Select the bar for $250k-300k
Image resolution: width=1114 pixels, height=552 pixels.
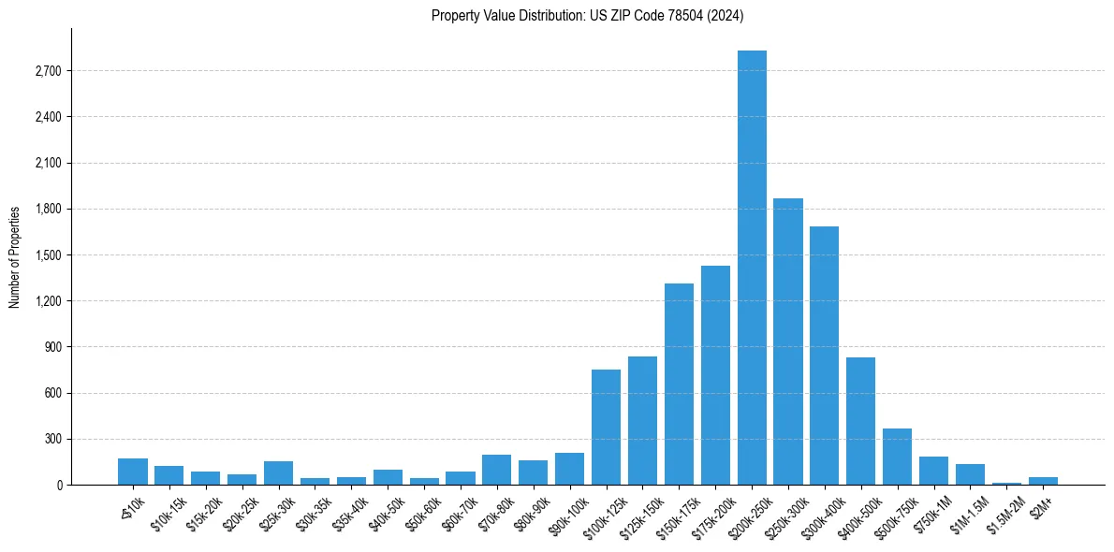click(788, 341)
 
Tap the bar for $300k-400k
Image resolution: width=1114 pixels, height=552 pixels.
click(825, 356)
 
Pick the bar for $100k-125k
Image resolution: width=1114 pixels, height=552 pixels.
click(606, 428)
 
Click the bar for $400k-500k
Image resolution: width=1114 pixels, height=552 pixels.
click(861, 421)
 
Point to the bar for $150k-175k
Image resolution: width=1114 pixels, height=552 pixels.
click(679, 385)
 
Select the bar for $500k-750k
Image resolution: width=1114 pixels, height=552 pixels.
click(898, 457)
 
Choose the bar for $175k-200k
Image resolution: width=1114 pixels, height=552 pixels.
click(715, 375)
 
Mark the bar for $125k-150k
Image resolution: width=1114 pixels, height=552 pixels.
click(642, 421)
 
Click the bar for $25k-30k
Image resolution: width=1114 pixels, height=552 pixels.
click(278, 473)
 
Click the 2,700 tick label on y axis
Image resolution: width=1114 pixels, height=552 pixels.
click(47, 71)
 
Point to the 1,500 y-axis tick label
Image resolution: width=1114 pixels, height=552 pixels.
click(47, 255)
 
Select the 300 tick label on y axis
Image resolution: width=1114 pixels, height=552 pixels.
click(51, 439)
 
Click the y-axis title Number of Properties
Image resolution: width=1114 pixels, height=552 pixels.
click(14, 256)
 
